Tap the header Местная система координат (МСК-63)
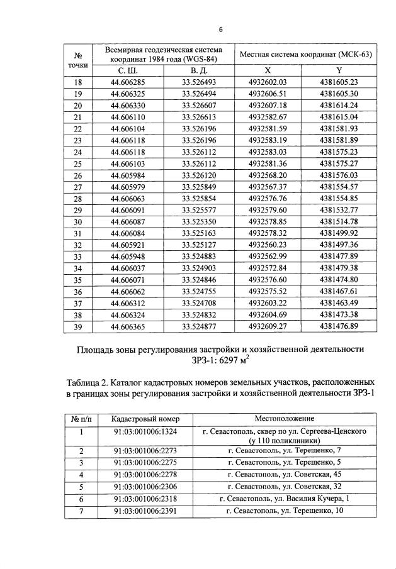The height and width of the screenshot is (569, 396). tap(305, 54)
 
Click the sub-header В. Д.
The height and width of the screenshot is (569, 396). tap(198, 71)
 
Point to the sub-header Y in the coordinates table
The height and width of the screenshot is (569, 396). tap(339, 71)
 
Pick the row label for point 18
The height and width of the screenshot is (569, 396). tap(78, 82)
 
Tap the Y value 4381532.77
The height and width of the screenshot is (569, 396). tap(339, 209)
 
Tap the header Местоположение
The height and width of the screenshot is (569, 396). tap(285, 418)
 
